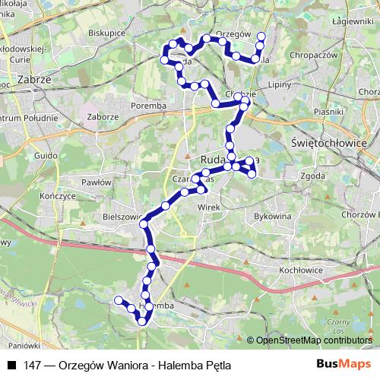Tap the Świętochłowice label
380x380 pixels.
point(329,143)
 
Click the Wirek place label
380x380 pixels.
point(208,206)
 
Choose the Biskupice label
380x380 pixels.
point(106,34)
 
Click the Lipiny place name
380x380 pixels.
point(280,84)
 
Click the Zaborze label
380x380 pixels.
point(103,117)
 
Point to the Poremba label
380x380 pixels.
point(148,106)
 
